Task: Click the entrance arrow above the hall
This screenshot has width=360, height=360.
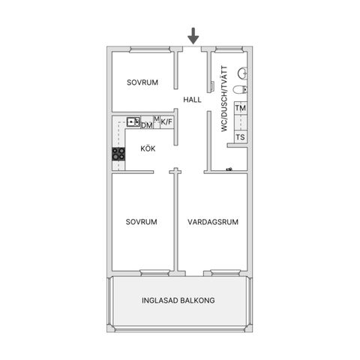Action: point(193,36)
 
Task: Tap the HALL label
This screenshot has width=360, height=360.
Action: point(192,100)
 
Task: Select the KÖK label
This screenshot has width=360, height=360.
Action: point(148,148)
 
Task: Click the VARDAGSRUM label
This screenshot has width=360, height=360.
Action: point(213,222)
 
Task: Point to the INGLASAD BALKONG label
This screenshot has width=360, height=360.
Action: point(178,300)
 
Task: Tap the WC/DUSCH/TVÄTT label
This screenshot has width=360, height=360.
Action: point(224,99)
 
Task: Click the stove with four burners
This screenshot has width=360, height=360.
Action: point(118,154)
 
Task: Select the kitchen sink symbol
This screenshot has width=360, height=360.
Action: point(133,122)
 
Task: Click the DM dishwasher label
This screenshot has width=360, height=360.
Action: point(147,125)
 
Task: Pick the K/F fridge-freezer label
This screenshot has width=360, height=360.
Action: point(166,122)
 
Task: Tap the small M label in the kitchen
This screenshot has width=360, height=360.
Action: point(157,119)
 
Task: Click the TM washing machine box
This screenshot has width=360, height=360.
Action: point(241,108)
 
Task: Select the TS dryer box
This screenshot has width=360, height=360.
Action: point(241,137)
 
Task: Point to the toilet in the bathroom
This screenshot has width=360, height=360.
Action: point(240,89)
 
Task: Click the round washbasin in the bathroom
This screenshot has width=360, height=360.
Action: point(242,73)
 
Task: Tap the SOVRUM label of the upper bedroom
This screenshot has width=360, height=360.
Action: point(142,82)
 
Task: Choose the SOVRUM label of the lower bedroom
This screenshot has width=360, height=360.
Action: point(142,222)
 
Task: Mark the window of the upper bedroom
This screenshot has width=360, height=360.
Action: point(150,49)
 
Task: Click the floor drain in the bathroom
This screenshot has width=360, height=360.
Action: point(229,169)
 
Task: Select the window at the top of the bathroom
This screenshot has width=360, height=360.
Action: point(229,49)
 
